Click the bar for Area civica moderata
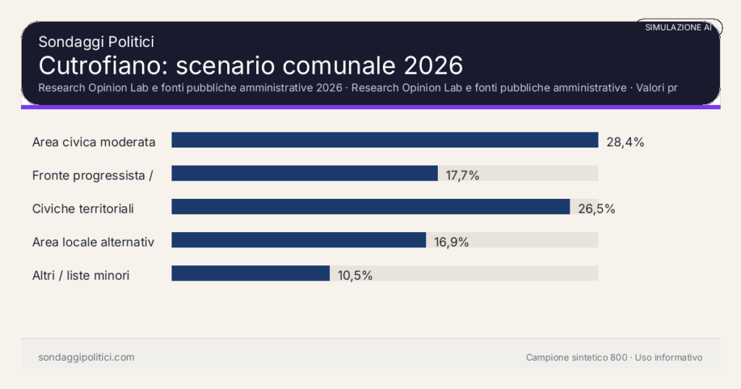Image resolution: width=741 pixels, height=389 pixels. (x=384, y=140)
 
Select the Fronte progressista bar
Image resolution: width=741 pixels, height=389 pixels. (x=305, y=173)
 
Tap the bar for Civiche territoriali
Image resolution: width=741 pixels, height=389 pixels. (x=370, y=206)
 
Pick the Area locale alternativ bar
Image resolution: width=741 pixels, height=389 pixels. (x=298, y=239)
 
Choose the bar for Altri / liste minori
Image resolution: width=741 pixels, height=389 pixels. (x=250, y=273)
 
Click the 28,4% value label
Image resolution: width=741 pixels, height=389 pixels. (x=625, y=142)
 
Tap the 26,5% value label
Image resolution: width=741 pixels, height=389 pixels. (x=596, y=209)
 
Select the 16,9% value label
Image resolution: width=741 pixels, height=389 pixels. (x=452, y=242)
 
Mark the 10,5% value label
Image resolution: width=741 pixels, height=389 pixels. (x=355, y=275)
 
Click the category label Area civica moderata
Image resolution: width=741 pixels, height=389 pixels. (x=94, y=142)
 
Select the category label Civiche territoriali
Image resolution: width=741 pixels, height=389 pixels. (x=83, y=209)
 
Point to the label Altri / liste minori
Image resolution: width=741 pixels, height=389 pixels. (x=81, y=275)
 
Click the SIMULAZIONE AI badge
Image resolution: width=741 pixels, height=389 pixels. (x=679, y=27)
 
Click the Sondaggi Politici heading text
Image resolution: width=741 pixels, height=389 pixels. (x=96, y=42)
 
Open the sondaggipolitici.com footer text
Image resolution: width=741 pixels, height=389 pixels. (x=86, y=357)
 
